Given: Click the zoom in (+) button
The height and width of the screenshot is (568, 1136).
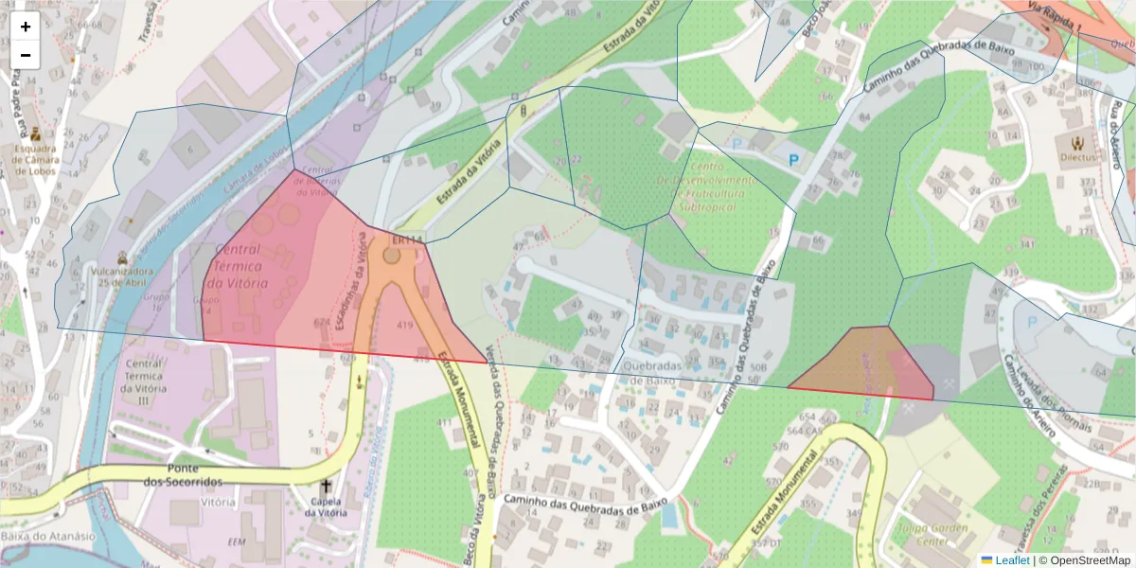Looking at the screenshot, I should (x=26, y=27).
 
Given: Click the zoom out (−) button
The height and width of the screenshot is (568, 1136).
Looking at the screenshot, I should (x=26, y=55).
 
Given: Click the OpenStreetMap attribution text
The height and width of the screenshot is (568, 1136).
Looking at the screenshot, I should (x=1088, y=560).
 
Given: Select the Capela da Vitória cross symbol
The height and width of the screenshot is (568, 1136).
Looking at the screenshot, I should (x=326, y=486).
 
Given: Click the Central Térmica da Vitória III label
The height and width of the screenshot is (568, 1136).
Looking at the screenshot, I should (x=144, y=382).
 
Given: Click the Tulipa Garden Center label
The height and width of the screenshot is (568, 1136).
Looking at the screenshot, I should (x=932, y=536).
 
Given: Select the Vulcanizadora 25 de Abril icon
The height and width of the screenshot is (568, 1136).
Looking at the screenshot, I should (x=122, y=257).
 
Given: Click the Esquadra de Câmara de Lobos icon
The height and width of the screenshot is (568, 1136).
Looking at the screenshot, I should (x=35, y=133).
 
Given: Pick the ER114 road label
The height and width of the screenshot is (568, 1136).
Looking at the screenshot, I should (x=407, y=240).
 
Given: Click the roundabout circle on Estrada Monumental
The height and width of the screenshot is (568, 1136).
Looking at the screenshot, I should (x=392, y=255).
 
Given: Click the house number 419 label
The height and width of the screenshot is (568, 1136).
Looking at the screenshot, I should (x=405, y=326).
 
